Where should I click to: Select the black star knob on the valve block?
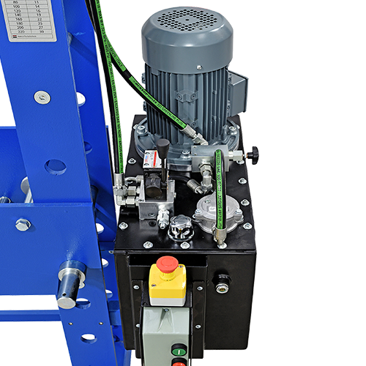coord(253,155)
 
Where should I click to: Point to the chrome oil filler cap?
coord(180,229)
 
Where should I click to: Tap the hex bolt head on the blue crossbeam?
coord(23,225)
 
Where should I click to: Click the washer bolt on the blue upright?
coord(42,97)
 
